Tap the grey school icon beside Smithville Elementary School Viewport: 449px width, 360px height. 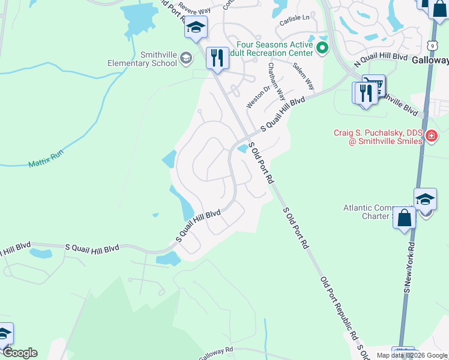coord(185,58)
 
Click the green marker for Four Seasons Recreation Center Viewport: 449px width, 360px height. coord(322,48)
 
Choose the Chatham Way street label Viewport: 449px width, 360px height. coord(276,81)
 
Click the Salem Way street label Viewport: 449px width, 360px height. coord(303,76)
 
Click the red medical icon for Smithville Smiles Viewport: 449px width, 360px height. coord(430,137)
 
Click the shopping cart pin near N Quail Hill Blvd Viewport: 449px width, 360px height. coord(374,85)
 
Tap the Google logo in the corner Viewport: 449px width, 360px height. coord(19,353)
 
